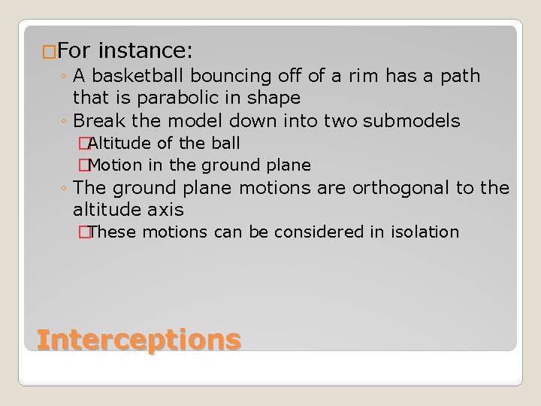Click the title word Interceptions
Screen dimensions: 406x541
click(x=138, y=340)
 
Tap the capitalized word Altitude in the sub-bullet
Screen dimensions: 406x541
click(x=121, y=143)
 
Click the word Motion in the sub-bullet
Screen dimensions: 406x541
click(x=119, y=165)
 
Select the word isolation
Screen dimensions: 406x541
click(x=423, y=232)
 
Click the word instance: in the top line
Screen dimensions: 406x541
click(x=146, y=51)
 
